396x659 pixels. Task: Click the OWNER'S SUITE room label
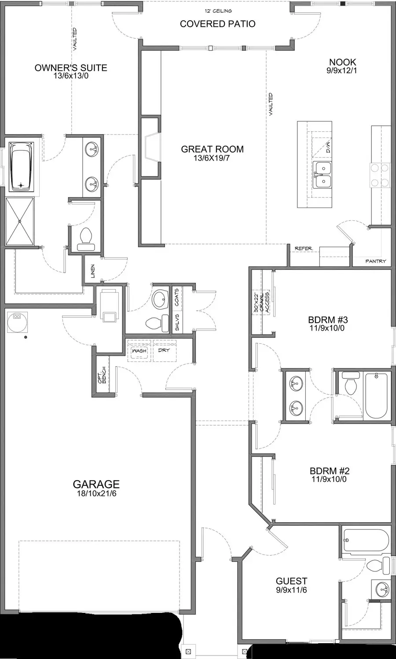click(71, 68)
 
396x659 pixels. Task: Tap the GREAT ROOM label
click(212, 149)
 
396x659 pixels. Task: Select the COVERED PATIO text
click(217, 24)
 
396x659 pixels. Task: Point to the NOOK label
click(342, 62)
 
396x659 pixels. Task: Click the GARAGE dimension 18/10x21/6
click(96, 493)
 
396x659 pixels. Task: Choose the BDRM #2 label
click(329, 471)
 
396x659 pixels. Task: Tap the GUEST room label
click(291, 581)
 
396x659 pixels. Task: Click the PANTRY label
click(376, 261)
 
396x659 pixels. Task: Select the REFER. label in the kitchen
click(304, 248)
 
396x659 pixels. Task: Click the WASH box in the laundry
click(139, 351)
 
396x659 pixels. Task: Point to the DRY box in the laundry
click(164, 351)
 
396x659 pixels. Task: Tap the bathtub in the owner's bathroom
click(21, 166)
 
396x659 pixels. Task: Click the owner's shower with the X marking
click(20, 221)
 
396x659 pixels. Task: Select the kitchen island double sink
click(322, 174)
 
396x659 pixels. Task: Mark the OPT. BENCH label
click(102, 375)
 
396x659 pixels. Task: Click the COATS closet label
click(176, 297)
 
